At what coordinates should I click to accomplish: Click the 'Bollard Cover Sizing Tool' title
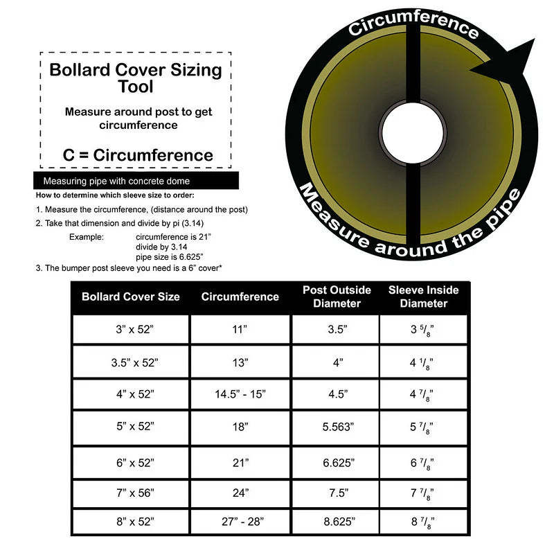(136, 78)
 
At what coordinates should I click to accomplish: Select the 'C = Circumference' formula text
(138, 154)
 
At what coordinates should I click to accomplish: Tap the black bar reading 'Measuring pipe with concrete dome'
(136, 181)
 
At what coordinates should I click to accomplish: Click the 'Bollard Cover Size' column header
(131, 297)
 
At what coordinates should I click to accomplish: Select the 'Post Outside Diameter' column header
(337, 297)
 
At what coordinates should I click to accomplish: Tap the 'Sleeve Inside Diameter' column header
(423, 297)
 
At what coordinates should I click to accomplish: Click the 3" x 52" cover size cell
(131, 330)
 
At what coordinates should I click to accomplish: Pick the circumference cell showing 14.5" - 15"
(240, 394)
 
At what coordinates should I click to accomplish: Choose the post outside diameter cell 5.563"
(337, 427)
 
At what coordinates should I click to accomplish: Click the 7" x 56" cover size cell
(131, 495)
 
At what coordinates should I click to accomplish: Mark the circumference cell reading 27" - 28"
(240, 523)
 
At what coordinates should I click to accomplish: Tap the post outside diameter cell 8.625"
(337, 523)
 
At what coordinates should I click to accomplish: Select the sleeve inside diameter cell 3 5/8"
(423, 330)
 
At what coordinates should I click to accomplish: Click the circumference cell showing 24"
(240, 495)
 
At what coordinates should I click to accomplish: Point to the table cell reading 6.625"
(337, 461)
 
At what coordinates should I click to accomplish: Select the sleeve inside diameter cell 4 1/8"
(423, 361)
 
